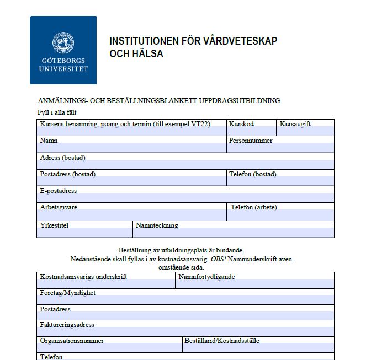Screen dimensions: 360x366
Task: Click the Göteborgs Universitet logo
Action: point(63,50)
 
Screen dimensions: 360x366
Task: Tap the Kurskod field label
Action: point(245,125)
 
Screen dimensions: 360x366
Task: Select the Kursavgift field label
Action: point(295,125)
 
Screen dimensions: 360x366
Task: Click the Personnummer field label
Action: point(251,141)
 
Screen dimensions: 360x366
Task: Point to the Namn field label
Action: point(49,141)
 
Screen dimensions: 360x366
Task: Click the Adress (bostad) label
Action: point(63,158)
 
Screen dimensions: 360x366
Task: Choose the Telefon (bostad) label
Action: point(253,175)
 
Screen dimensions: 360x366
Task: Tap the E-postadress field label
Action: point(59,191)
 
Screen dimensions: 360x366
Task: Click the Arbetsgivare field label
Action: point(59,208)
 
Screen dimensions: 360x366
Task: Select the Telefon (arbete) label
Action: point(254,208)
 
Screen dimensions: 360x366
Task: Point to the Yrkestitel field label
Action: point(54,225)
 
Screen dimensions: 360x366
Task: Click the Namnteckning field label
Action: point(157,225)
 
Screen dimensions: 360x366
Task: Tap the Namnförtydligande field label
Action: point(207,277)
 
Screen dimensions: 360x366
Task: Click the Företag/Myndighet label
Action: point(68,293)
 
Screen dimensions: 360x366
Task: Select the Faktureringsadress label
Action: point(67,325)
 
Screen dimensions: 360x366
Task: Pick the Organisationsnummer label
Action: point(72,341)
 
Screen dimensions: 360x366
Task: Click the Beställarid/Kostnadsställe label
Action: point(222,341)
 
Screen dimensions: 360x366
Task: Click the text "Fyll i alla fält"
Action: point(57,112)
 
